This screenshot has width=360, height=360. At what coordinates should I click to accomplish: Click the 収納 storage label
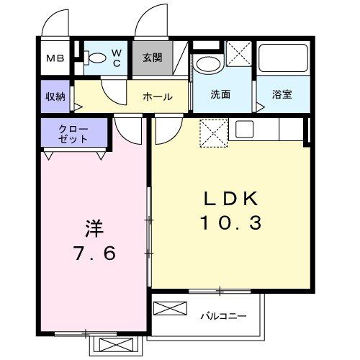tap(55, 95)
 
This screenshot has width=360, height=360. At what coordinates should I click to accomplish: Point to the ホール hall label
tap(156, 96)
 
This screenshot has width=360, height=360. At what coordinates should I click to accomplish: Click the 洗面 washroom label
tap(220, 94)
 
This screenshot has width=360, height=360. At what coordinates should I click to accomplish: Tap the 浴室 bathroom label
tap(282, 94)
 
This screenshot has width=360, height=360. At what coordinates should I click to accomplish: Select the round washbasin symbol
tap(208, 63)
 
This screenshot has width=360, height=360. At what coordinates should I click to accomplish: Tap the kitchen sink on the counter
tap(244, 130)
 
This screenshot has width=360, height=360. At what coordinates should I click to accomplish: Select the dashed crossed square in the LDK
tap(212, 132)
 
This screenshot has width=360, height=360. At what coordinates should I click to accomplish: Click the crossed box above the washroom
tap(238, 54)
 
